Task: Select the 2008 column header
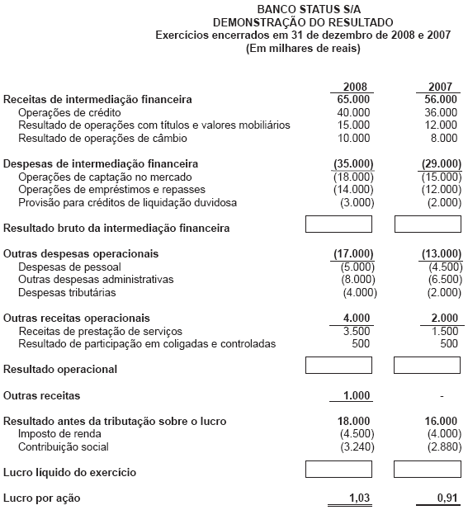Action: (353, 87)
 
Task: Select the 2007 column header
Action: (441, 87)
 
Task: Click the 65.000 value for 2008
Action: (353, 100)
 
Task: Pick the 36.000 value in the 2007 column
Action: (441, 112)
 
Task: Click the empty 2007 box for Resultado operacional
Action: (427, 365)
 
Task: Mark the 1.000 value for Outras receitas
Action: (355, 396)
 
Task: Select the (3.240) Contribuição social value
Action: (355, 447)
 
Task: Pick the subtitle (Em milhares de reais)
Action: (303, 48)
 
